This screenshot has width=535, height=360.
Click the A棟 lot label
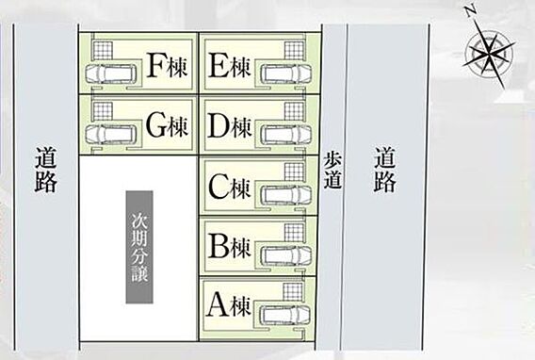[x=228, y=305]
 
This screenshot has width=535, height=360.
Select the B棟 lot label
[x=229, y=246]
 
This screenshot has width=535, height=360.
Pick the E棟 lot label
[x=229, y=66]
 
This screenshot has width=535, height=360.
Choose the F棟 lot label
[x=168, y=66]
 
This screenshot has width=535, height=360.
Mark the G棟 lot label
[x=168, y=125]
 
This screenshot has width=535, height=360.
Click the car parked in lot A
[x=284, y=315]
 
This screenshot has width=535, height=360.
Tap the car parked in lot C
[x=286, y=195]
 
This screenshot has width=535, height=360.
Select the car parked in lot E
[x=286, y=74]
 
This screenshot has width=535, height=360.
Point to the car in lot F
[x=110, y=74]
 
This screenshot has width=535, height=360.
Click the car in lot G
[x=110, y=134]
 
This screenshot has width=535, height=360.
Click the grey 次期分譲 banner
[x=139, y=247]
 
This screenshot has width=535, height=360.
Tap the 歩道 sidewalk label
[x=333, y=171]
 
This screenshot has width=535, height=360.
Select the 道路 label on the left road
[x=46, y=170]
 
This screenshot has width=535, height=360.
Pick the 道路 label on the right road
[x=385, y=170]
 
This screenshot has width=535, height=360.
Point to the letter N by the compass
[x=470, y=11]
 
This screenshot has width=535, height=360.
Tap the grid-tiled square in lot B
[x=294, y=233]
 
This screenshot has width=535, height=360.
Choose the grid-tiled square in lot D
[x=294, y=111]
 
